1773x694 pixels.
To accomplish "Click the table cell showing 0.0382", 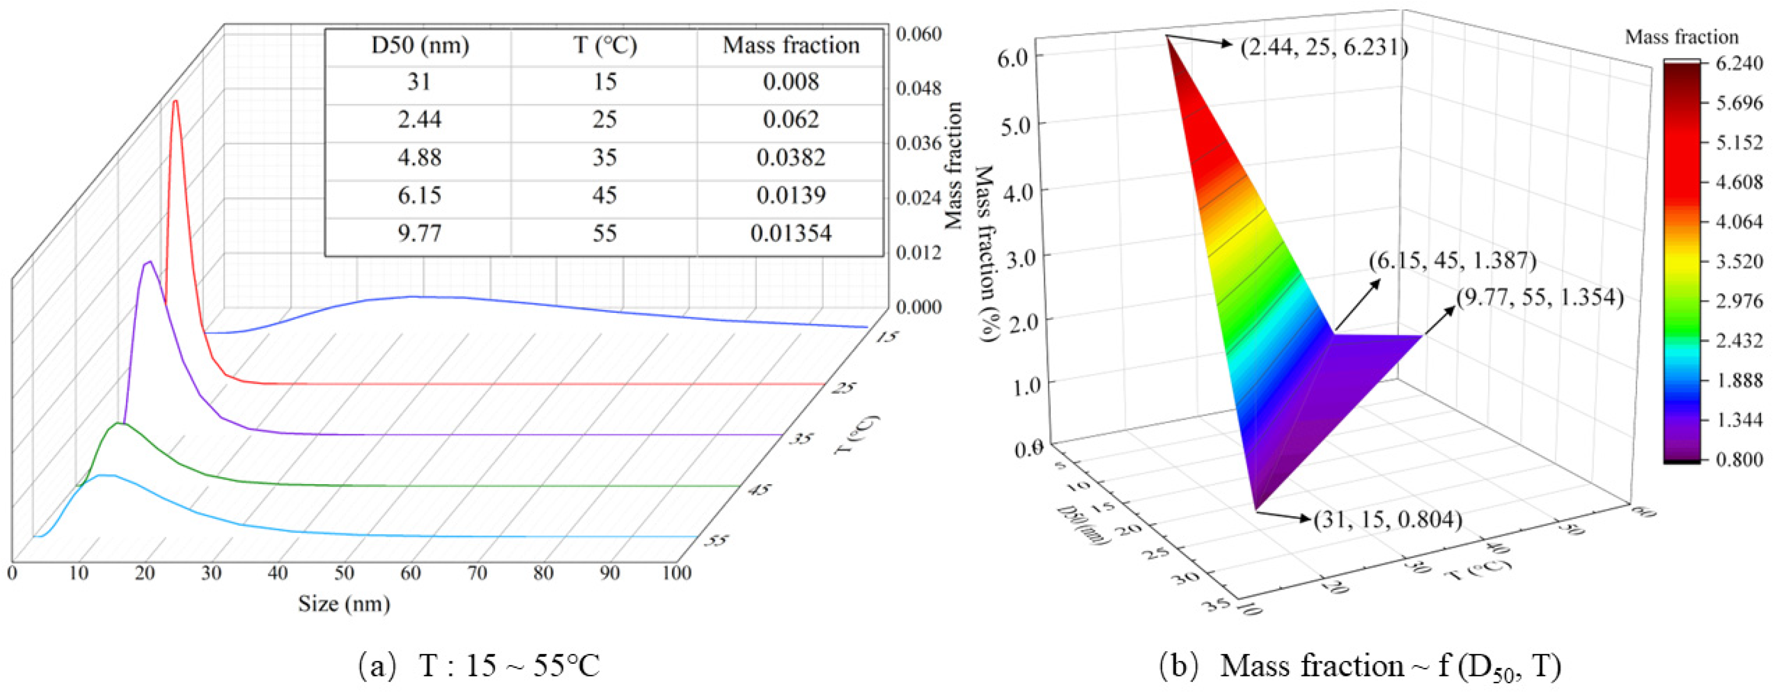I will point(790,158).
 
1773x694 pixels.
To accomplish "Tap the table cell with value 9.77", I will point(419,234).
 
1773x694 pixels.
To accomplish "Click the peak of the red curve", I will point(175,102).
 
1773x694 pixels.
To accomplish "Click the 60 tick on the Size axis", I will point(411,573).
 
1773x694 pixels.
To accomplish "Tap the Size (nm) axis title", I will point(344,604).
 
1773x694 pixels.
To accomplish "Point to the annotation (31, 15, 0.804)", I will point(1388,520).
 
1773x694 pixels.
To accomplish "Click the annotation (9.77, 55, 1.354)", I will point(1539,297).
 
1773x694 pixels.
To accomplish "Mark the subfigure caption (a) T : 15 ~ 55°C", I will point(479,666).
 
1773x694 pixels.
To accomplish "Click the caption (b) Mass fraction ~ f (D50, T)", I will point(1359,666).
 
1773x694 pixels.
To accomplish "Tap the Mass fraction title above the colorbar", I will point(1681,36).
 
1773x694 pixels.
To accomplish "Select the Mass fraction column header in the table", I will point(790,46).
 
